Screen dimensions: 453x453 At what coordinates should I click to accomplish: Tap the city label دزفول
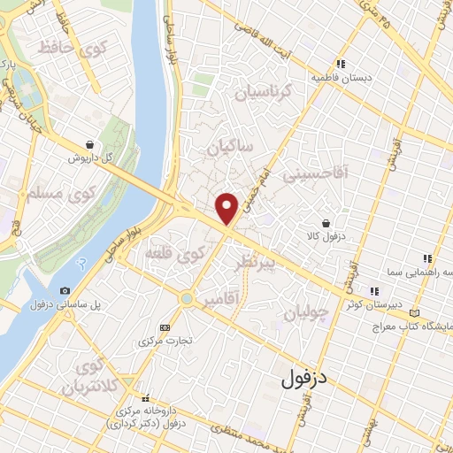[x=304, y=380]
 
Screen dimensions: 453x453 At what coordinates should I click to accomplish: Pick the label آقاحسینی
[x=316, y=174]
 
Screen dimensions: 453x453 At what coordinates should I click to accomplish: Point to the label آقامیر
[x=220, y=301]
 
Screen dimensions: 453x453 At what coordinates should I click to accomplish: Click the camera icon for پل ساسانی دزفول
[x=65, y=290]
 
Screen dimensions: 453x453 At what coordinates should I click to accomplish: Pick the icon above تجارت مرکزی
[x=163, y=326]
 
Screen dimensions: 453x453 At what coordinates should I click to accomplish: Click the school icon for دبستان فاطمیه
[x=341, y=63]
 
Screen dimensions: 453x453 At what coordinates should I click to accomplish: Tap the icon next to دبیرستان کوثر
[x=374, y=290]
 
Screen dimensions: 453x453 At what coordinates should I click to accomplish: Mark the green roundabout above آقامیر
[x=187, y=299]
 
